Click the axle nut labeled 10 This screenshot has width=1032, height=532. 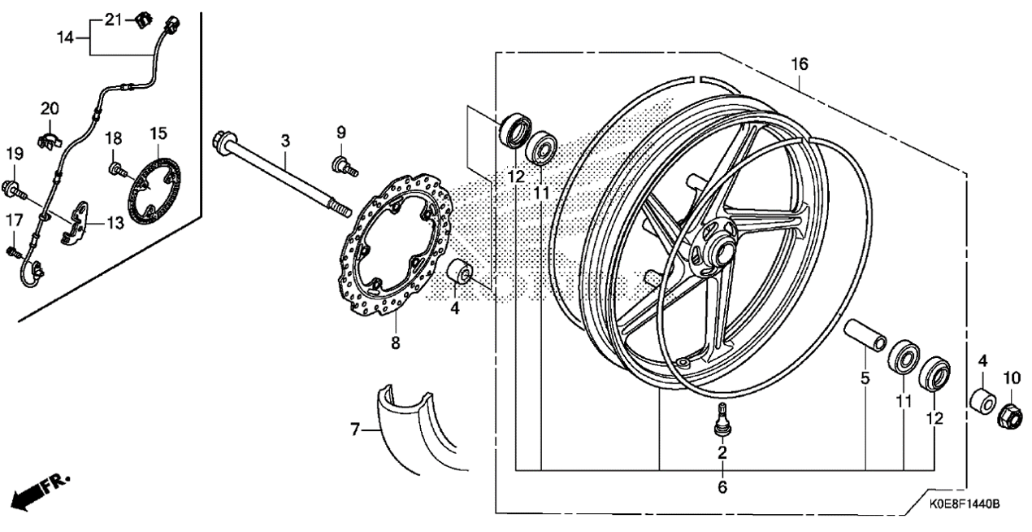[1009, 415]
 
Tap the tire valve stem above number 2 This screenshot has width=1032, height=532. [722, 418]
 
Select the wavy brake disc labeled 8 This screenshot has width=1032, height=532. [395, 244]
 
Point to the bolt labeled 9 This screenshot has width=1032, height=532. [345, 167]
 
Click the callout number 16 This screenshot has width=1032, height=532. [800, 64]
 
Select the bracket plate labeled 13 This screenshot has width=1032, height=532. [74, 223]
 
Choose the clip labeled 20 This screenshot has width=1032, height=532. [50, 140]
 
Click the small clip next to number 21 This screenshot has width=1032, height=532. [143, 21]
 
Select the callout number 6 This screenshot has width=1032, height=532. [722, 486]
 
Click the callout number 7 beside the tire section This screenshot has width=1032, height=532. [355, 430]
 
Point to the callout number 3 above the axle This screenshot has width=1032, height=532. [286, 141]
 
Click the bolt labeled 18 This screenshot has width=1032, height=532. [118, 169]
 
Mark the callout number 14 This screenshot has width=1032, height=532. [66, 37]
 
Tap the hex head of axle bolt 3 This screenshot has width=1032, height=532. [224, 140]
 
